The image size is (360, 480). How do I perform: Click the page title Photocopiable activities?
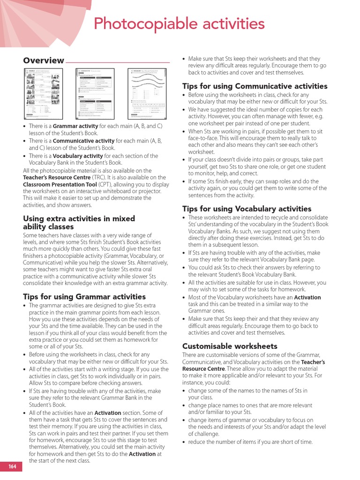click(180, 23)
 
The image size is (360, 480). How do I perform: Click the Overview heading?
click(44, 60)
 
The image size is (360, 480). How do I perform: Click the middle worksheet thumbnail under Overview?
click(96, 93)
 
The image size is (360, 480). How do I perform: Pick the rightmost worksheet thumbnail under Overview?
click(147, 93)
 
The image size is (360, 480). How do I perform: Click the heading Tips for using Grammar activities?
click(84, 297)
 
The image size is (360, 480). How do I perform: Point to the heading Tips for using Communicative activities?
click(255, 86)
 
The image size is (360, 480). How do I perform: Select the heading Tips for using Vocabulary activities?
click(247, 209)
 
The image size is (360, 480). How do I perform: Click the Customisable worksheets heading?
click(230, 346)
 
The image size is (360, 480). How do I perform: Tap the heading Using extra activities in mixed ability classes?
click(79, 223)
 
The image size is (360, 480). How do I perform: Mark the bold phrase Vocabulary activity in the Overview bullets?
click(78, 156)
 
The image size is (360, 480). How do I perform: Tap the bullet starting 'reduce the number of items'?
click(250, 442)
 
